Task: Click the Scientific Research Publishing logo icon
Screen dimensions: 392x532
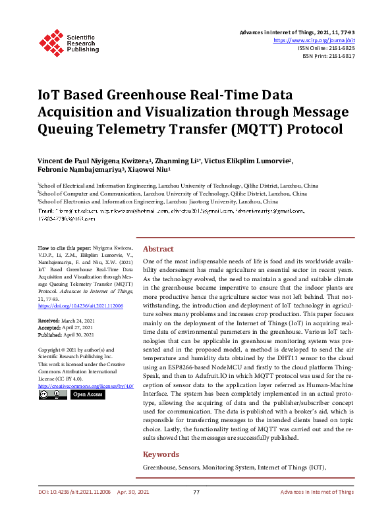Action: click(x=51, y=40)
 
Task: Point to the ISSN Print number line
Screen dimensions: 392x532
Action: click(x=328, y=56)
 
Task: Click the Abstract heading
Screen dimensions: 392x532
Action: click(x=158, y=249)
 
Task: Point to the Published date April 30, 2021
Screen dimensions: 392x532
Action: click(x=67, y=334)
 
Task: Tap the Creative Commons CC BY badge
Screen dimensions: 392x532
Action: click(x=52, y=394)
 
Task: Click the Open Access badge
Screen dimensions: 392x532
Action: click(x=87, y=394)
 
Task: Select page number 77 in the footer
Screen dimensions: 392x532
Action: click(x=196, y=510)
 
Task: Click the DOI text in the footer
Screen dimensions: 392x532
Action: click(x=76, y=510)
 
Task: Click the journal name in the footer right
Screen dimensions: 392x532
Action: click(x=317, y=510)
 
